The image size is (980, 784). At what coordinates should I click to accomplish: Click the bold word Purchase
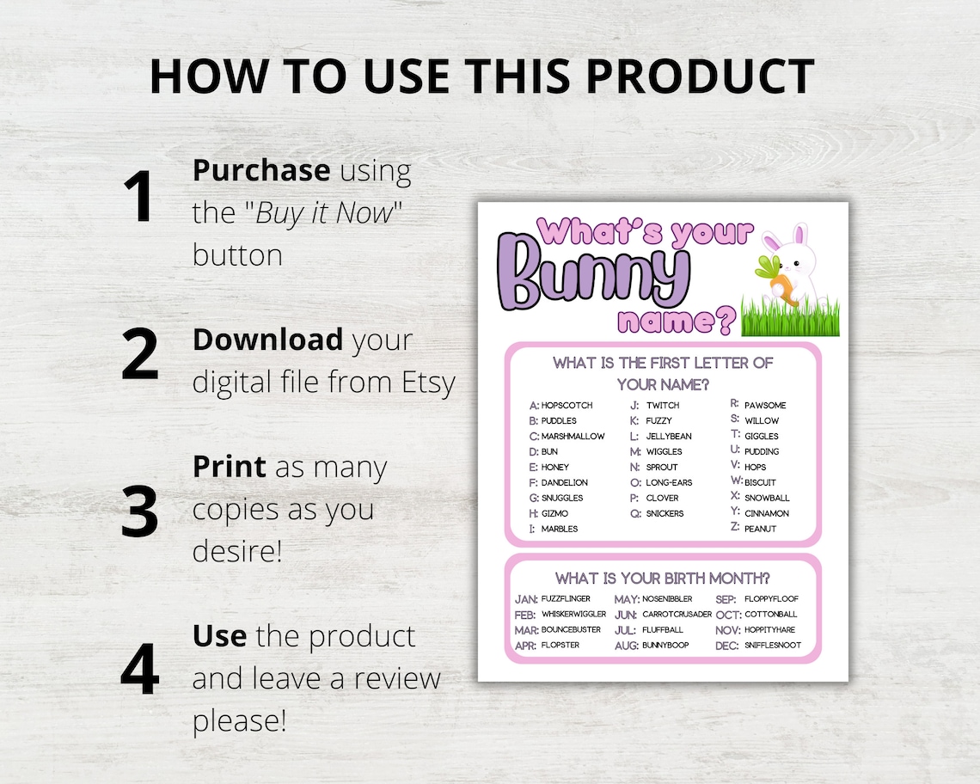[260, 171]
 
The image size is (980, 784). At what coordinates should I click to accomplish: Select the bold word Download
[266, 340]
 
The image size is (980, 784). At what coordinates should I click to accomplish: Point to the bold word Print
[229, 467]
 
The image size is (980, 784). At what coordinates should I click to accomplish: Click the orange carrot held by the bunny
[781, 283]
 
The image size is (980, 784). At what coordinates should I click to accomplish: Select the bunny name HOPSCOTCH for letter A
[567, 405]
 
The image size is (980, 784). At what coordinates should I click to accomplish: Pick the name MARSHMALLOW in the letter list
[573, 436]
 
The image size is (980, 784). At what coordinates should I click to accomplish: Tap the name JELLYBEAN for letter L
[669, 436]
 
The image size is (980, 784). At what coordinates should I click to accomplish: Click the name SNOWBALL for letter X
[767, 498]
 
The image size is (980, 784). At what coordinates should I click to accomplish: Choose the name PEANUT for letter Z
[760, 529]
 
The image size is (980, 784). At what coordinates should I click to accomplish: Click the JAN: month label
[526, 598]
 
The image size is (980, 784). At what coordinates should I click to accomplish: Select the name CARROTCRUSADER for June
[677, 615]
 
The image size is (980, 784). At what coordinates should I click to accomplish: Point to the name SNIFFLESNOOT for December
[772, 646]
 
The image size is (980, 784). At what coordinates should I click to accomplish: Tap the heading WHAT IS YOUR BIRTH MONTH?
[662, 578]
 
